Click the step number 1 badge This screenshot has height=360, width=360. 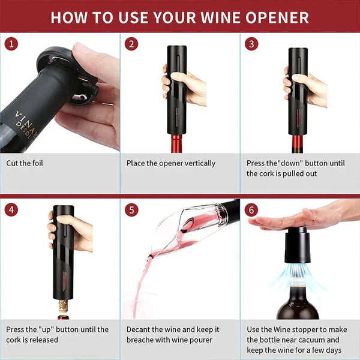click(x=11, y=44)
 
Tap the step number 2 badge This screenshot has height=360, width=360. click(x=131, y=44)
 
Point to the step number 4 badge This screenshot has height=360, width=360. click(x=11, y=210)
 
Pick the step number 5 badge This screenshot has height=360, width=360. click(x=131, y=210)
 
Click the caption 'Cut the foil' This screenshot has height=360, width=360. click(x=25, y=163)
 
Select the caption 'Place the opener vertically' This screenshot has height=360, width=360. click(x=170, y=163)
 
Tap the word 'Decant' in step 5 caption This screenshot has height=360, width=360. click(x=140, y=329)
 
